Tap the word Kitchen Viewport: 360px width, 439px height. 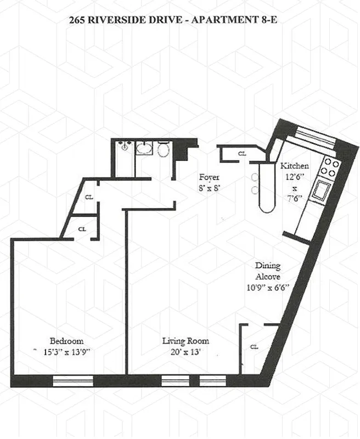295,166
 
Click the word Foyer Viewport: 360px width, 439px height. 209,177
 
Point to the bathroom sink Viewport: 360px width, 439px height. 144,148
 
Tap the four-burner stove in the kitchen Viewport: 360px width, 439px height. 329,167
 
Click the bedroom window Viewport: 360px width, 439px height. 72,380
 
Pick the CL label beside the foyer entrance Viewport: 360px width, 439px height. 242,154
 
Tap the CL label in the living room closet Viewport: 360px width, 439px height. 254,347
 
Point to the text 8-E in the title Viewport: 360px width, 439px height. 278,21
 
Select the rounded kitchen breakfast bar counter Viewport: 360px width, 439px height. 265,189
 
